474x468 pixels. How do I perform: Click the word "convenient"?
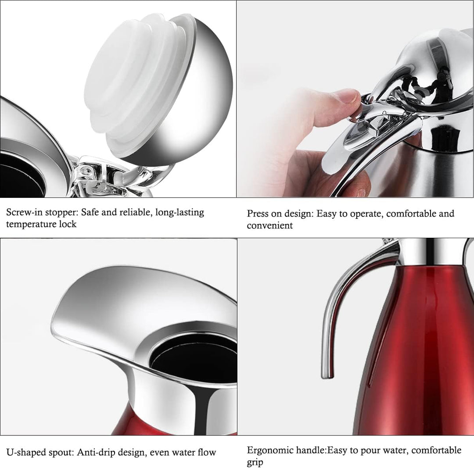point(269,225)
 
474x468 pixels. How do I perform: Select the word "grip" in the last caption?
point(255,463)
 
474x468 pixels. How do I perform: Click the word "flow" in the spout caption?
point(207,452)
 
